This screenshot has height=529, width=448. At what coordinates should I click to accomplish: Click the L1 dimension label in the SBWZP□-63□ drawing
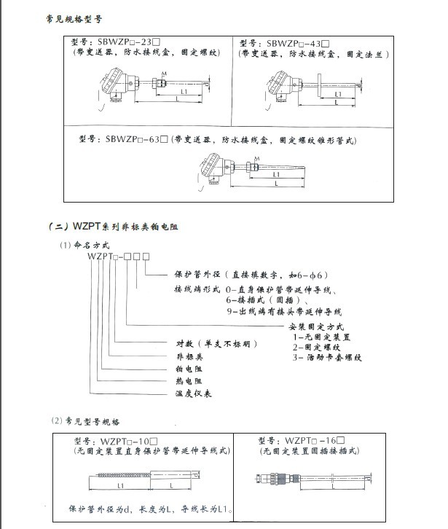pos(276,175)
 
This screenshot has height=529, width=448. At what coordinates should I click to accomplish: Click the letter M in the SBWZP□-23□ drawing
pos(165,74)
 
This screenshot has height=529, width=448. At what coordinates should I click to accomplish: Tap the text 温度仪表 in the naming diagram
pos(193,392)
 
